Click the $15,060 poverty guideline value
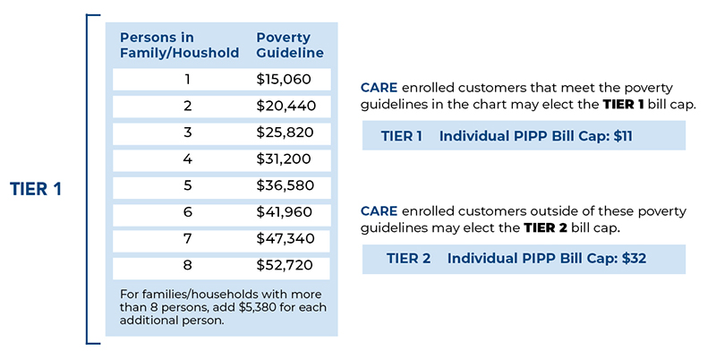284,80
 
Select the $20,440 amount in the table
286,106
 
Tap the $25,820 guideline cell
285,133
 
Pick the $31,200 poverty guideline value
284,159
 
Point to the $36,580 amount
286,185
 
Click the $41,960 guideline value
285,212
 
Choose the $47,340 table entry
286,238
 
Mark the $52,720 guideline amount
285,265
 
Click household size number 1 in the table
187,80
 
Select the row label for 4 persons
187,159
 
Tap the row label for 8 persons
187,265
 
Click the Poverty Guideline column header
290,45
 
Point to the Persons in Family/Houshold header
180,45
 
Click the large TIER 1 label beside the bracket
36,189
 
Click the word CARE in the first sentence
379,88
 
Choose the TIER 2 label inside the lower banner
409,259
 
